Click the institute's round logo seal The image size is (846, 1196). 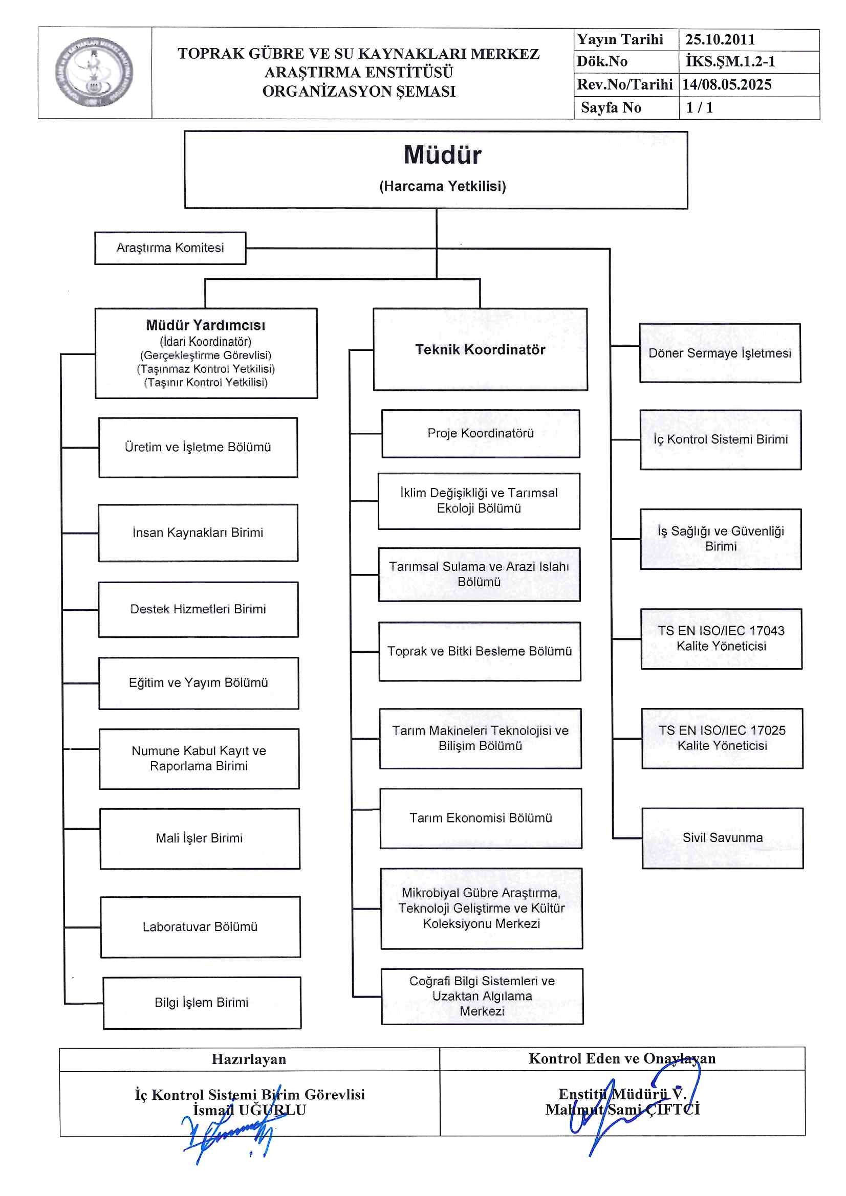94,73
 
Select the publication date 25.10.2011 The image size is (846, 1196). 720,39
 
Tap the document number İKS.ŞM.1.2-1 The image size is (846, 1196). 730,61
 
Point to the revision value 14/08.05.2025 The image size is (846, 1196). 727,84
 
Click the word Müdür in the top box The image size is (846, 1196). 442,155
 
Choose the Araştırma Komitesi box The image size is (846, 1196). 170,248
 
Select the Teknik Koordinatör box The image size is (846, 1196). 480,349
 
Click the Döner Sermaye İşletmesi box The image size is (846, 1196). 720,353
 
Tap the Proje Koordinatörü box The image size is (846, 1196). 480,433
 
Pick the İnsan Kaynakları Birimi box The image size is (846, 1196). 198,533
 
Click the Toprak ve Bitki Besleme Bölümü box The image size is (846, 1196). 480,651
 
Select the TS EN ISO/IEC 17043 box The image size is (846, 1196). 721,638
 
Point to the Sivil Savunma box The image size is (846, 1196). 723,837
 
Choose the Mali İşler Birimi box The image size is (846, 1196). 200,838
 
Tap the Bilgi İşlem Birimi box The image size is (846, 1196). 202,1003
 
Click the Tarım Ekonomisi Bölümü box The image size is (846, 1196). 481,818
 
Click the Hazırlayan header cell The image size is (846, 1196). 249,1059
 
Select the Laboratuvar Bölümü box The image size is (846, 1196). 200,927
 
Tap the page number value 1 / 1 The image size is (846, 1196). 700,108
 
